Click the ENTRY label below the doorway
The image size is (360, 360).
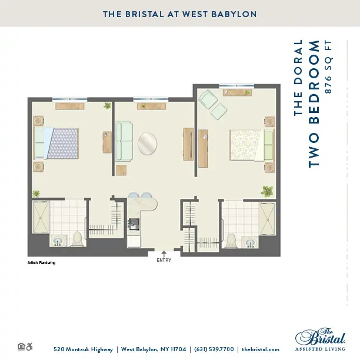(164, 260)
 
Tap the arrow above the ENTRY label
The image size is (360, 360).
(164, 254)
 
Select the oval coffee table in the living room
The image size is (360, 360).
(148, 144)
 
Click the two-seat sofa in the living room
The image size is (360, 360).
(124, 141)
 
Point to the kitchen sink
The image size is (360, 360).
(134, 224)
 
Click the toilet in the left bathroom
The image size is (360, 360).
(77, 239)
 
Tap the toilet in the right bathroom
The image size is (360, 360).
(230, 240)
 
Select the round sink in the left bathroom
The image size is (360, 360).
(58, 241)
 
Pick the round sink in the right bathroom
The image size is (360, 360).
(250, 243)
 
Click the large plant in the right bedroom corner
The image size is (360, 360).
(267, 191)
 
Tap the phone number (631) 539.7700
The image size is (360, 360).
(214, 349)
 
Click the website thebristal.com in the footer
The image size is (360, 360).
(261, 349)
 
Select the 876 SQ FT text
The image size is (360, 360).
(328, 67)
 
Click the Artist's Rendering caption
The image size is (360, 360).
(41, 263)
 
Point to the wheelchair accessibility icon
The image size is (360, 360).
(29, 346)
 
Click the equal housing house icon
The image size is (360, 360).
(21, 346)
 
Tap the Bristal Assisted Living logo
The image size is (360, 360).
(321, 339)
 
